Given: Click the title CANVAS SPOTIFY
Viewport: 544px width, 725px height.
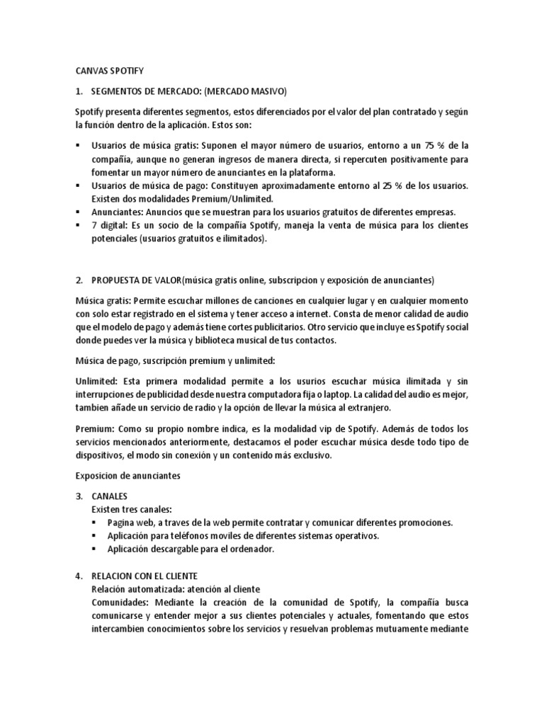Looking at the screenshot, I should pos(109,72).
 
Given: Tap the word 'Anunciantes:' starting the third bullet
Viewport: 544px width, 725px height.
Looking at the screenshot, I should pos(116,212).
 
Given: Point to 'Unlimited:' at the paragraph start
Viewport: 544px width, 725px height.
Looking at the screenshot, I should pos(96,382).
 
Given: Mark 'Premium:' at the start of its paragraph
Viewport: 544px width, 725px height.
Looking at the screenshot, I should pos(94,429).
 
